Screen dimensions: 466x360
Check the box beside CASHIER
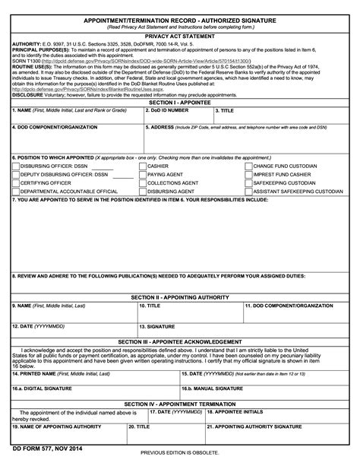[x=142, y=165]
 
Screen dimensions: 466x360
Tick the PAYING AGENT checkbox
[x=142, y=174]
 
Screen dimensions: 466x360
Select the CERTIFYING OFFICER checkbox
[x=15, y=183]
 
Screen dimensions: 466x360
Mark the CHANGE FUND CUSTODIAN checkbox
[x=247, y=165]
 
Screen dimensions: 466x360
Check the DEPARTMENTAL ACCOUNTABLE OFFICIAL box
[x=15, y=192]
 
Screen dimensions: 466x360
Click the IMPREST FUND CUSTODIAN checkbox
[x=247, y=174]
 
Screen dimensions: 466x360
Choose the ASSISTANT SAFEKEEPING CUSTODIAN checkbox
[x=247, y=192]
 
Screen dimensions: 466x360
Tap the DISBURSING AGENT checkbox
[x=142, y=192]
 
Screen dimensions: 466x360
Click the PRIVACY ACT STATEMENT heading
[x=180, y=35]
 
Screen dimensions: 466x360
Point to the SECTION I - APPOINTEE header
[x=180, y=101]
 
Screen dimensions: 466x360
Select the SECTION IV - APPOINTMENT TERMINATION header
[x=180, y=404]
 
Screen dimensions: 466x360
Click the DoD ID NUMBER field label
[x=169, y=110]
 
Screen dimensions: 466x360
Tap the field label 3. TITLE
[x=226, y=110]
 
